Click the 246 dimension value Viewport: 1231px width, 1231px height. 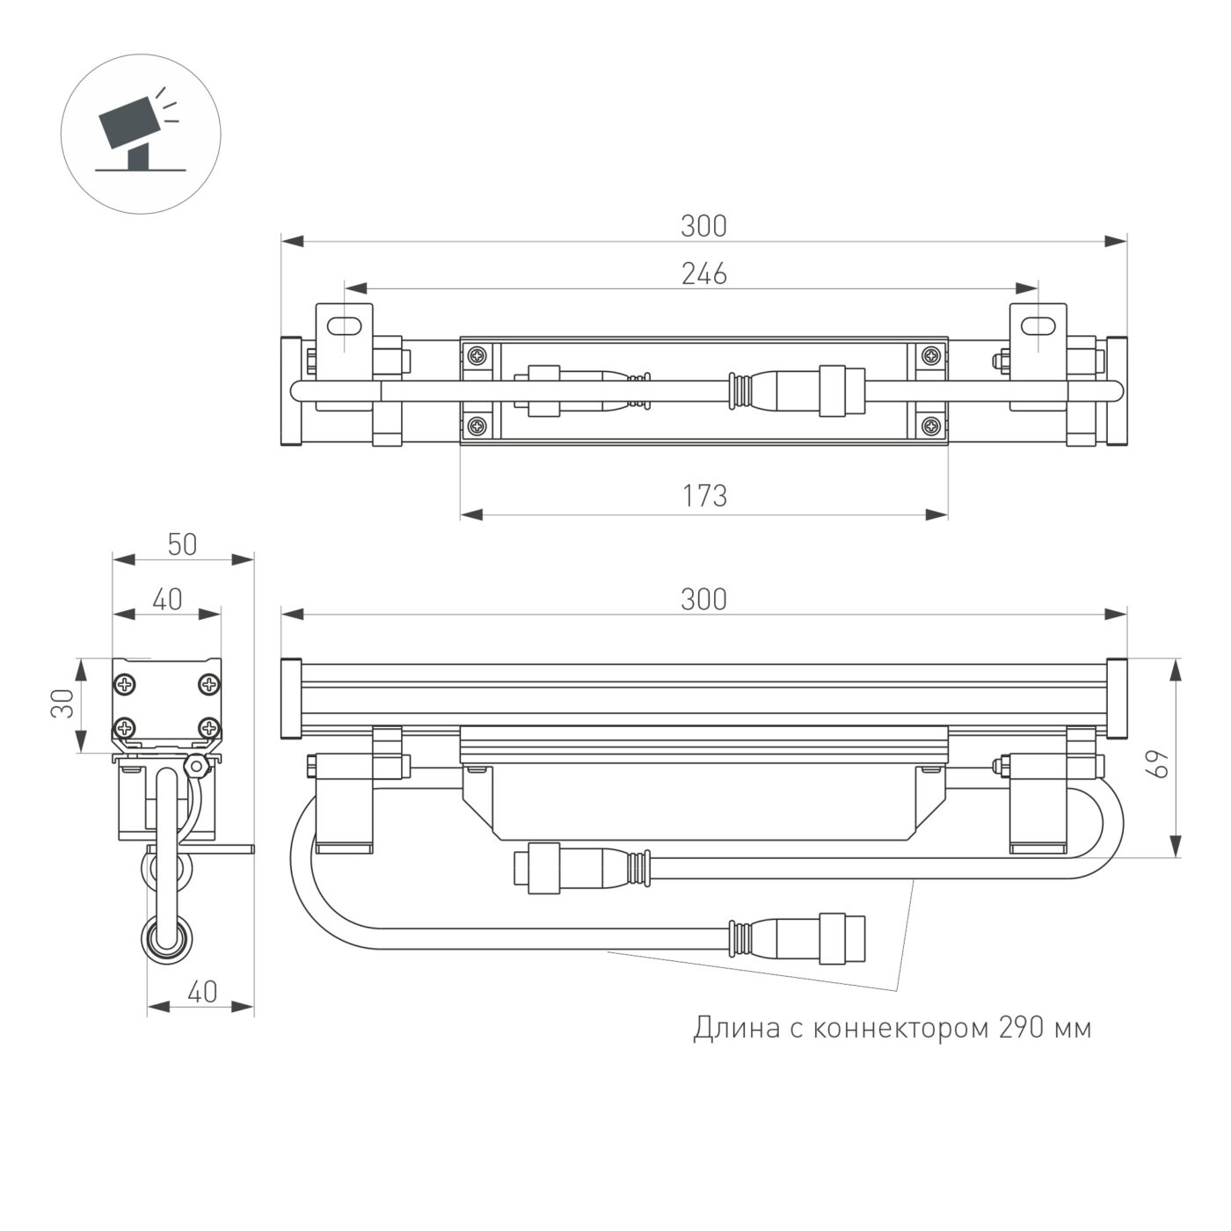tap(704, 274)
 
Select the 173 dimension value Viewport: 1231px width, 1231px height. tap(704, 497)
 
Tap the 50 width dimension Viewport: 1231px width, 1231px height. tap(182, 545)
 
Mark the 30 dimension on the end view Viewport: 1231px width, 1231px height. tap(62, 704)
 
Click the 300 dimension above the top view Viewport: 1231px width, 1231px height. tap(704, 226)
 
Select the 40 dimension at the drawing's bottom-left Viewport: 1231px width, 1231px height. tap(201, 992)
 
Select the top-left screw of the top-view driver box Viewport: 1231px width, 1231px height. tap(477, 356)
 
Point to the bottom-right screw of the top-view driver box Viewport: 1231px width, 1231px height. tap(929, 426)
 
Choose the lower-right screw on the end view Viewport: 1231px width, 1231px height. tap(208, 727)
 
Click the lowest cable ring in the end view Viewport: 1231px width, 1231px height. tap(164, 938)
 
